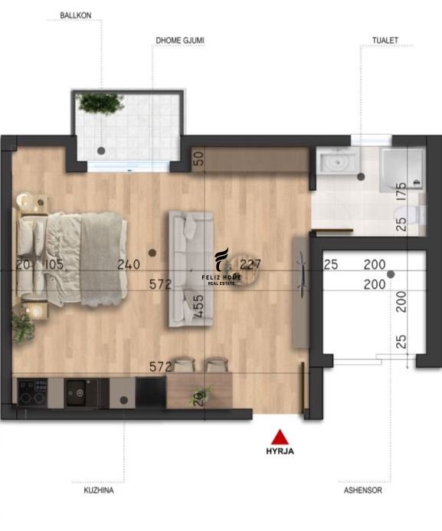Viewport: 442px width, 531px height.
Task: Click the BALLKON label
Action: tap(76, 15)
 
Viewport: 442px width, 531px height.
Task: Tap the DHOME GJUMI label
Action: tap(180, 41)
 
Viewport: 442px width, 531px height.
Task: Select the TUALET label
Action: tap(385, 41)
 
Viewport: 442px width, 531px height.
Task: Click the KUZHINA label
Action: tap(99, 490)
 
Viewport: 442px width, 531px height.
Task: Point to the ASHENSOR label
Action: tap(363, 490)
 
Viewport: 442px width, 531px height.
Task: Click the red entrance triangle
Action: tap(280, 437)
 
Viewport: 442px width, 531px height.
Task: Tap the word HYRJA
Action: tap(280, 451)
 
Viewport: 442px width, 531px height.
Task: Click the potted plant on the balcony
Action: tap(100, 103)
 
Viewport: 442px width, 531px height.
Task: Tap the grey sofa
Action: tap(191, 269)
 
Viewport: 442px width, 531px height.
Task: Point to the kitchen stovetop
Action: tap(32, 393)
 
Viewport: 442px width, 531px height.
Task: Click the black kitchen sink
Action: tap(80, 392)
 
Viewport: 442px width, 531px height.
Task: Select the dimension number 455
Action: tap(199, 306)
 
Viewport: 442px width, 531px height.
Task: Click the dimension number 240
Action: tap(129, 264)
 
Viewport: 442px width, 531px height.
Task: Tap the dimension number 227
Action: tap(250, 264)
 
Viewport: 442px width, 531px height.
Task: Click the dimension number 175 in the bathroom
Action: tap(401, 192)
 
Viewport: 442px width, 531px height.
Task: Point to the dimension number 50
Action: tap(199, 158)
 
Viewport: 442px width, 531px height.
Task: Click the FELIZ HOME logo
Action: tap(221, 267)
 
